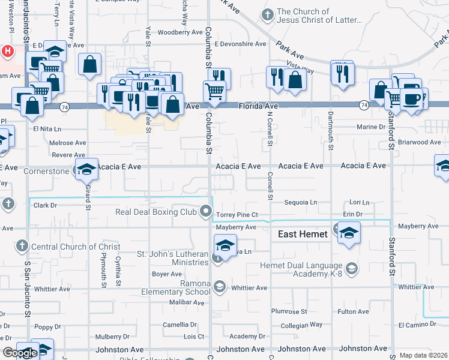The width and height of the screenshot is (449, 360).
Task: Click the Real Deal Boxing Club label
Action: click(156, 212)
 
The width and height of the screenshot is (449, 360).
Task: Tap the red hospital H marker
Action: click(7, 51)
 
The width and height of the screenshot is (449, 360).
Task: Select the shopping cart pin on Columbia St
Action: click(214, 91)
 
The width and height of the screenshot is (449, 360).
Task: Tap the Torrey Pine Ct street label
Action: click(237, 214)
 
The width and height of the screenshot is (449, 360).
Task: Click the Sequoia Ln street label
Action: click(301, 203)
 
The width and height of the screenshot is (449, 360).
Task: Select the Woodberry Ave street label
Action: click(180, 32)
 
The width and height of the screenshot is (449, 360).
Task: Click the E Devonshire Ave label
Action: click(240, 44)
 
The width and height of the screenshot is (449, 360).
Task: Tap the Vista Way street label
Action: click(300, 70)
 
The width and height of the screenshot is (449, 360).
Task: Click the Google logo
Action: click(19, 353)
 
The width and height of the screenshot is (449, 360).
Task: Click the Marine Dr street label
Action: click(371, 127)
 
